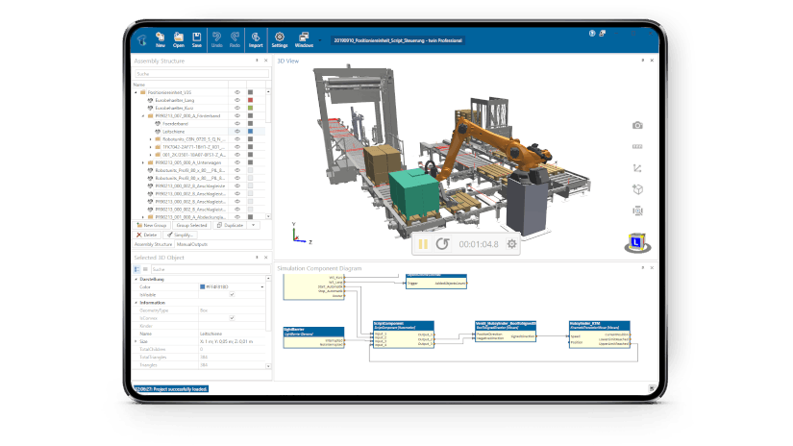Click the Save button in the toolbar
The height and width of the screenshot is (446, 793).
[197, 39]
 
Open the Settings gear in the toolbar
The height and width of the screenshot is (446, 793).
[280, 39]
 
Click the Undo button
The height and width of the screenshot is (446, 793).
[217, 39]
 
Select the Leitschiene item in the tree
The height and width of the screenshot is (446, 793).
[174, 131]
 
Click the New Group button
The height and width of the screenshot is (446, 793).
[152, 225]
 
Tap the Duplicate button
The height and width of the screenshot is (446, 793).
[231, 225]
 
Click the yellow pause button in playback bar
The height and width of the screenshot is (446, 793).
[423, 244]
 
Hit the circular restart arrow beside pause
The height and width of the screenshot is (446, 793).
[442, 244]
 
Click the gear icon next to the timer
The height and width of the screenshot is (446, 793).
[511, 244]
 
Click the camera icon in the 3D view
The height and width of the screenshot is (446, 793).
[636, 125]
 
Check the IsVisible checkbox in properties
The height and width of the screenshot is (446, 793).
[201, 295]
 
